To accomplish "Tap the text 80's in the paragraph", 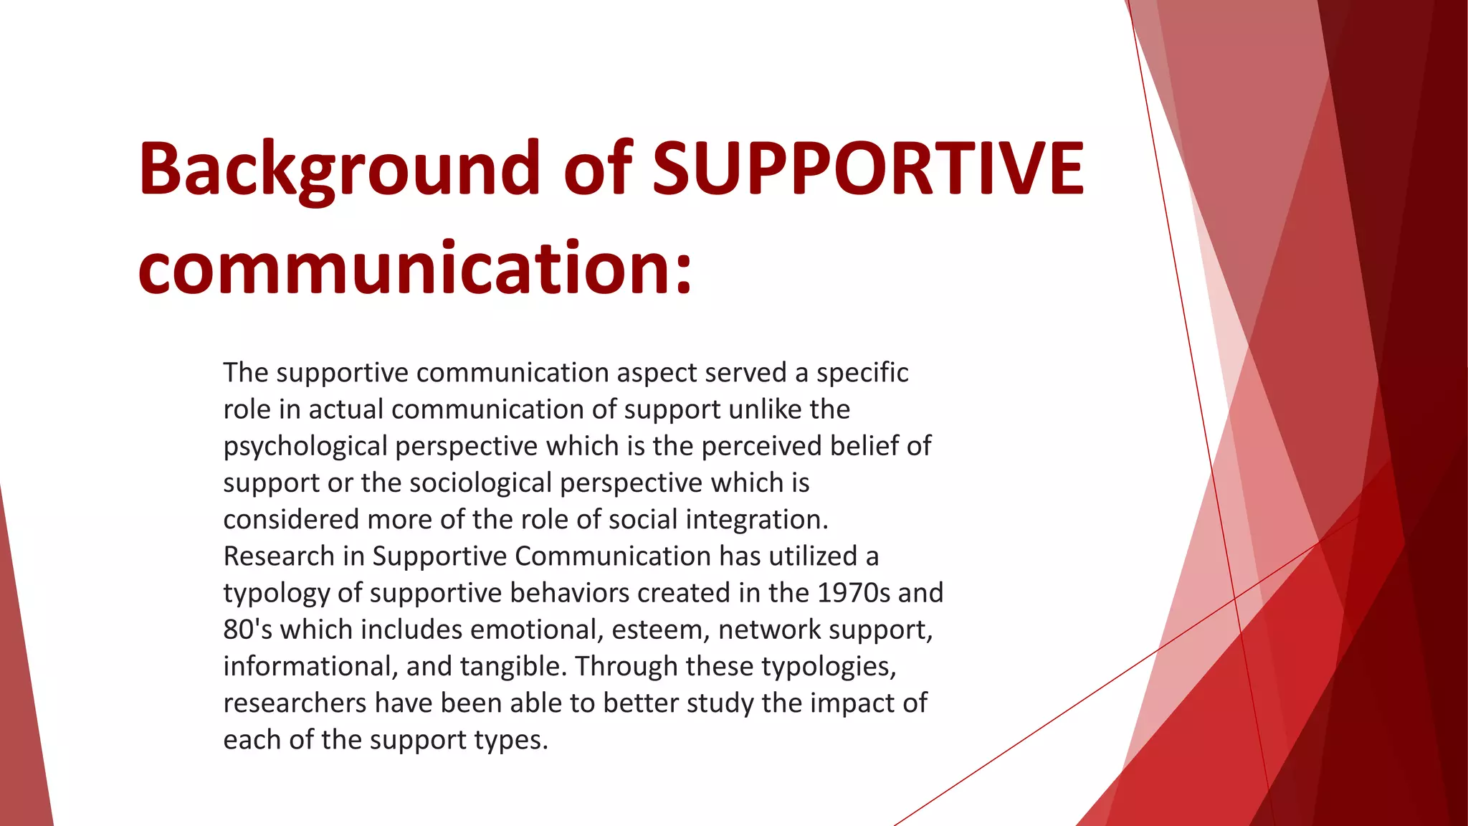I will tap(247, 630).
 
